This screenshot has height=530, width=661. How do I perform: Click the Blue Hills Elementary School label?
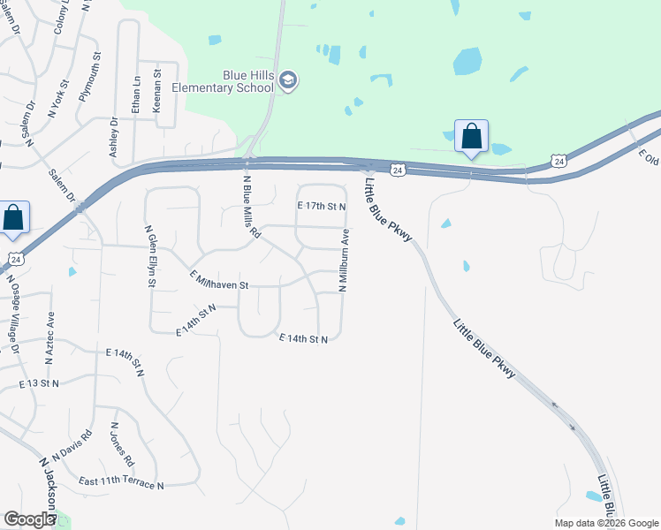(223, 81)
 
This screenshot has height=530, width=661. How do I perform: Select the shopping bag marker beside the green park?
(471, 137)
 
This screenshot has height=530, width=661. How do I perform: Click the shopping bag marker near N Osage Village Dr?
(13, 218)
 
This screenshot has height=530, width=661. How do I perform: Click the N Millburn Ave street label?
(344, 261)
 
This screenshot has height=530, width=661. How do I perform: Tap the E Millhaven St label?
(220, 281)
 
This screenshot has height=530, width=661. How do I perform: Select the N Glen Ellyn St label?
(151, 256)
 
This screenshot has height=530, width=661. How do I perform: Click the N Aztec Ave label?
(49, 339)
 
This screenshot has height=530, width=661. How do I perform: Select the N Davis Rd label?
(72, 447)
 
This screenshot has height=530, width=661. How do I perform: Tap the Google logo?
(28, 519)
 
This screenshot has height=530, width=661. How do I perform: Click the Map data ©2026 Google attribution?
(604, 523)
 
